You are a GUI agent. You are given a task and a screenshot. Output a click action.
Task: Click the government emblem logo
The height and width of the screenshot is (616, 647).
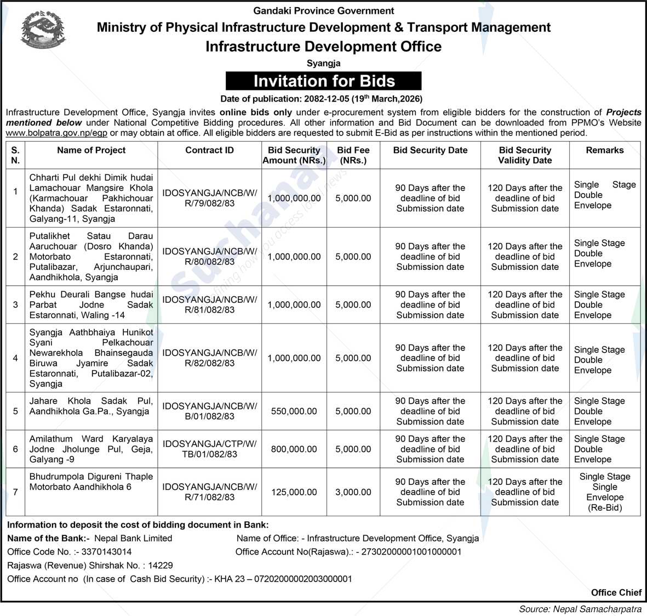click(x=42, y=30)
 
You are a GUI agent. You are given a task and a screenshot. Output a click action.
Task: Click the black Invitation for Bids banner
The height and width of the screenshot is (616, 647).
click(x=324, y=81)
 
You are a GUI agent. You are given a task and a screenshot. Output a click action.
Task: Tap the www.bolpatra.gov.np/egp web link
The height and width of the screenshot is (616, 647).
click(x=57, y=133)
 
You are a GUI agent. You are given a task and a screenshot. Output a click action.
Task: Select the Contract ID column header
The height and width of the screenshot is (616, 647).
click(x=209, y=150)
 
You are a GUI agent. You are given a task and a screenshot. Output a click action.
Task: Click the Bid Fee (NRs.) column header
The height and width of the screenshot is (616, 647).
click(x=353, y=155)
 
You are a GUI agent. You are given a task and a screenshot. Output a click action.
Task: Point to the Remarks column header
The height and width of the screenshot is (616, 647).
click(x=604, y=150)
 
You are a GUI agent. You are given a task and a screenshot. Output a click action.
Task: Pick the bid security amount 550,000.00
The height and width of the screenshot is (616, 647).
click(x=294, y=411)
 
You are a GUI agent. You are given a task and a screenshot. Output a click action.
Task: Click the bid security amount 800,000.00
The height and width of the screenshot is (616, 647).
click(x=294, y=449)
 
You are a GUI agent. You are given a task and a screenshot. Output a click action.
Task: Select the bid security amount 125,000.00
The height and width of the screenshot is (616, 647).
click(x=294, y=492)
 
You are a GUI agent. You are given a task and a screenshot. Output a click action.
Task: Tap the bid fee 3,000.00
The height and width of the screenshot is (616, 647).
click(x=353, y=492)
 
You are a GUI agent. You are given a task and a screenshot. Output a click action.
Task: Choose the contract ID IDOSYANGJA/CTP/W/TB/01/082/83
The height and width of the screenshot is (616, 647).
click(x=209, y=449)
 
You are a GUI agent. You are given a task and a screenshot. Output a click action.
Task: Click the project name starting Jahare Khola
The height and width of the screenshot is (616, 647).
click(x=91, y=406)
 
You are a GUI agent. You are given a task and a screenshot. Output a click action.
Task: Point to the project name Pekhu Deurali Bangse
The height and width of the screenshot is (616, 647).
click(x=91, y=304)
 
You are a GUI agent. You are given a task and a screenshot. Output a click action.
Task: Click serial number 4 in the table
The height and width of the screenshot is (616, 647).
click(x=15, y=358)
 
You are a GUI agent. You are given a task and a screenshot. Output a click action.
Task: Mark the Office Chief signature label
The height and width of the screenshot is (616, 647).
click(x=616, y=592)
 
